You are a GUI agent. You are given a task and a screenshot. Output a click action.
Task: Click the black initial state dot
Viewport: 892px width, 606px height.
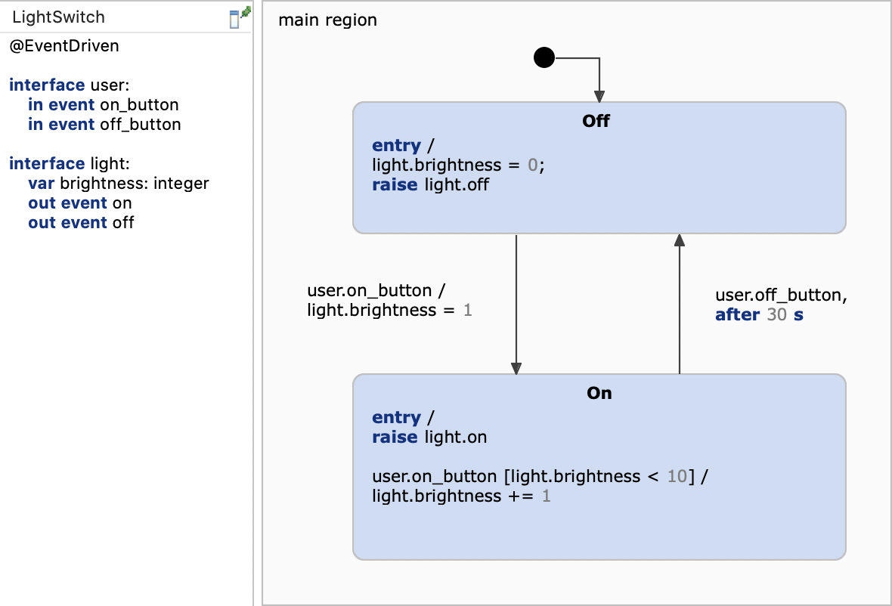pos(544,57)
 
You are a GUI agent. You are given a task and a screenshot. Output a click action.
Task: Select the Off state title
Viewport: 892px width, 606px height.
pos(596,121)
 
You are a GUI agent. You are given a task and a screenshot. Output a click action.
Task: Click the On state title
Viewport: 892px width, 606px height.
pos(599,393)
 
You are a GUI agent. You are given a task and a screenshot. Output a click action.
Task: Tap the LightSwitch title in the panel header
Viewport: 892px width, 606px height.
pos(59,17)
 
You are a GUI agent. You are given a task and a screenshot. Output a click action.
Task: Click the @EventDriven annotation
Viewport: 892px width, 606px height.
pos(64,46)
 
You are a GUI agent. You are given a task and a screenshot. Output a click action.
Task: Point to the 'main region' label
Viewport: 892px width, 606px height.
pos(327,20)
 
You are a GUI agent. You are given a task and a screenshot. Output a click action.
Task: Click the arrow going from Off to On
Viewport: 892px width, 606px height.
pos(516,302)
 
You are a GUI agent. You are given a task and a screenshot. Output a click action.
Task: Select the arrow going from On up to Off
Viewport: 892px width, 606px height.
pos(680,302)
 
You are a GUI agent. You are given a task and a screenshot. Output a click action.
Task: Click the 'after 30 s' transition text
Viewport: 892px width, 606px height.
pos(759,315)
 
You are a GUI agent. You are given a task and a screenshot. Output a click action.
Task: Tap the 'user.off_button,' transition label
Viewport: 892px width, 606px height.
pos(781,295)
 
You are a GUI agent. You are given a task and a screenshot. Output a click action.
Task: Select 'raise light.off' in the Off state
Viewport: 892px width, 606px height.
pos(430,184)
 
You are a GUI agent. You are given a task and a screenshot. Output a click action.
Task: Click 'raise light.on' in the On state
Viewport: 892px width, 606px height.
pos(429,437)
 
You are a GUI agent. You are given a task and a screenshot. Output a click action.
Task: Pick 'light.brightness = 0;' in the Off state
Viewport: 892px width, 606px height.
pos(458,165)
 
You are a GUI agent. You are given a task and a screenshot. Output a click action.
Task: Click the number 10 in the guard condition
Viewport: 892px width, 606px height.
pos(677,476)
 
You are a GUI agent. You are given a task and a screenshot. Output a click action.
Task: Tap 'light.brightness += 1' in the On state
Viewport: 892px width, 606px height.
pos(461,496)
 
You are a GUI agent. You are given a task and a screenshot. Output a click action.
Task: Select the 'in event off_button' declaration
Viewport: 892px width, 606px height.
pos(104,125)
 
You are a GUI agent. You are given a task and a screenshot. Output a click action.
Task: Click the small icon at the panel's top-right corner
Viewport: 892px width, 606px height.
pos(240,17)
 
